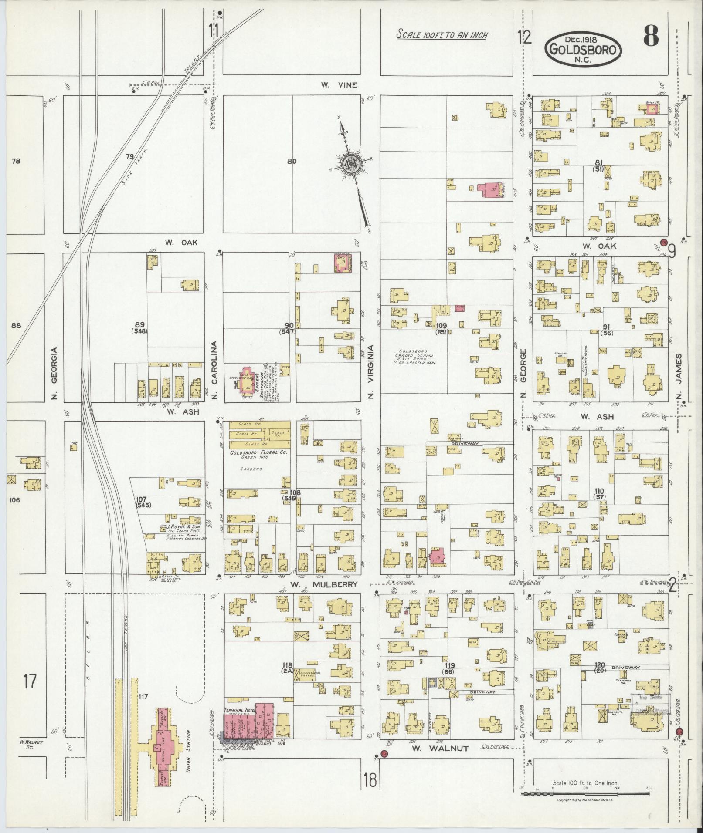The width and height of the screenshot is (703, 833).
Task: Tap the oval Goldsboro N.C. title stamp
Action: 582,49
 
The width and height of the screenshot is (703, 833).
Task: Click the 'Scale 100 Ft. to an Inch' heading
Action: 441,35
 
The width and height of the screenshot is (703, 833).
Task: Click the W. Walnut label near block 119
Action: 440,749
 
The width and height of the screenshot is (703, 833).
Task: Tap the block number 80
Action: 292,162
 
